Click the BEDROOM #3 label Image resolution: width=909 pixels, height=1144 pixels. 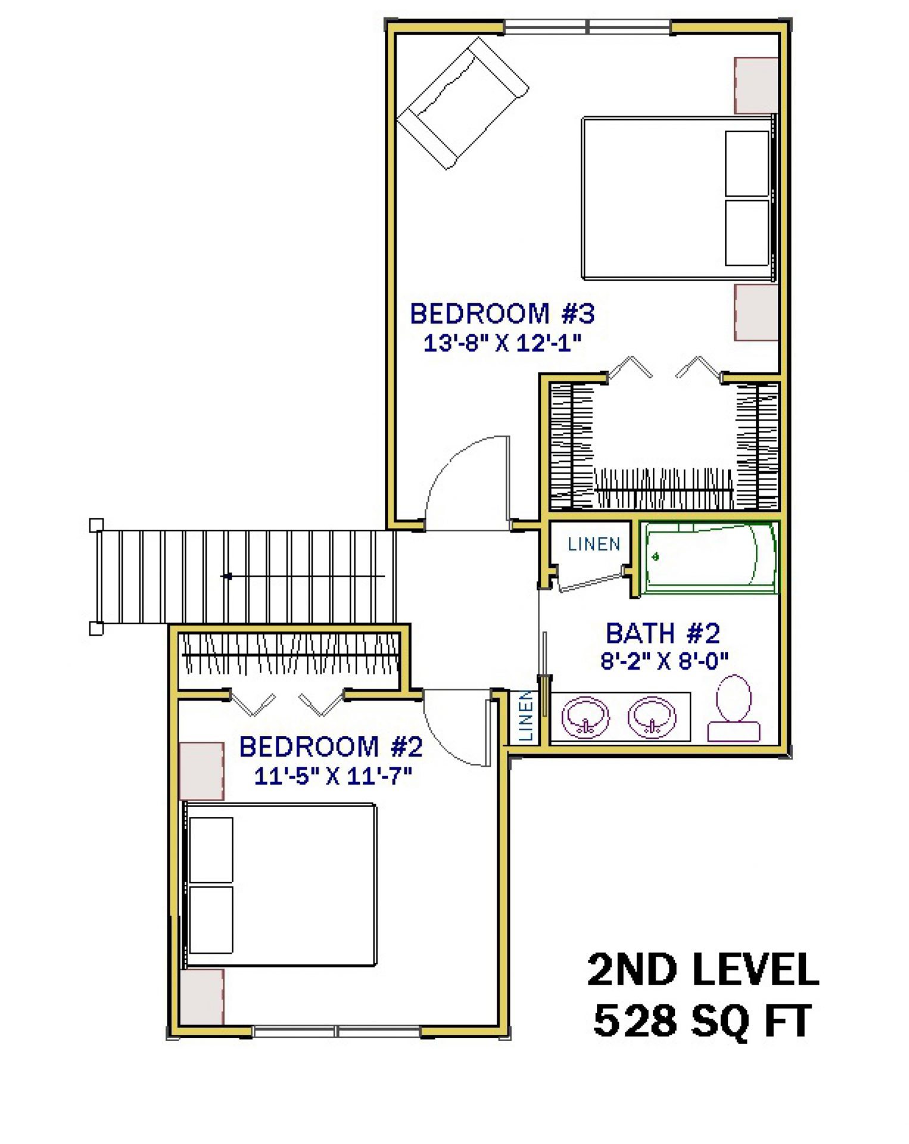coord(502,313)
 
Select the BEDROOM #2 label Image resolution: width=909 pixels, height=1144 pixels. coord(331,747)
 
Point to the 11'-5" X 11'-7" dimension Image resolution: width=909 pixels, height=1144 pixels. coord(333,776)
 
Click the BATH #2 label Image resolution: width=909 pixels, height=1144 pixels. coord(663,633)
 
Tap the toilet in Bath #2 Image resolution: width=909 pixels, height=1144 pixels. coord(734,708)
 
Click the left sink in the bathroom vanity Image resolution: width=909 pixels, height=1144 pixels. coord(586,717)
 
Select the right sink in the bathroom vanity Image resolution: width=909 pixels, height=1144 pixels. coord(653,717)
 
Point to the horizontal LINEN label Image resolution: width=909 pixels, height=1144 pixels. coord(594,544)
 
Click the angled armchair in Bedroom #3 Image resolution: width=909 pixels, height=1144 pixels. coord(463,103)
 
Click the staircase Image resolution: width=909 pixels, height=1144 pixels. coord(244,576)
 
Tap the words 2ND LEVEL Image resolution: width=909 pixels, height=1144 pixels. coord(703,969)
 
